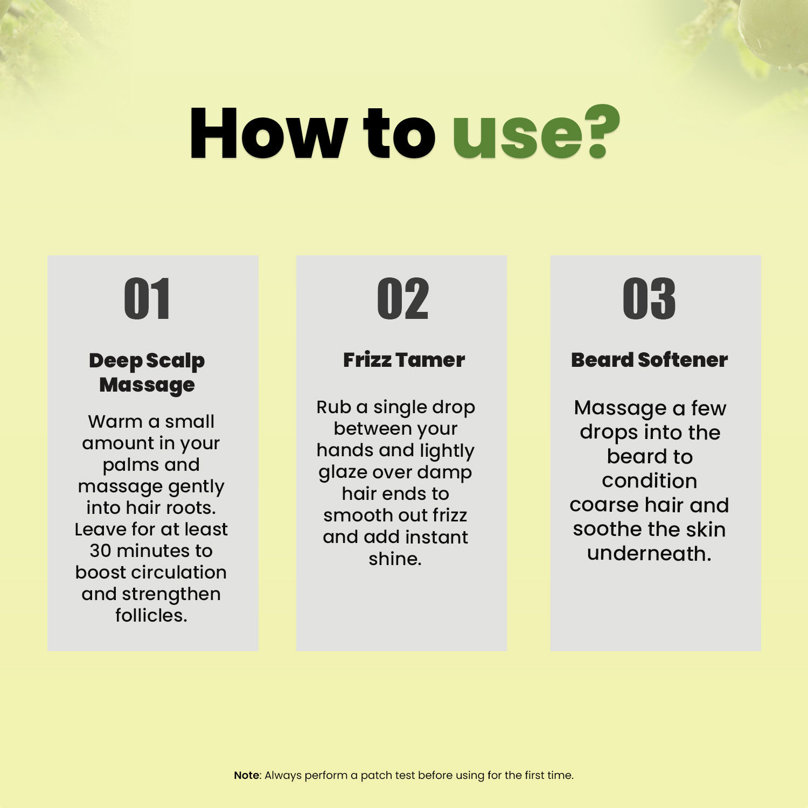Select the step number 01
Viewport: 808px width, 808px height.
point(147,299)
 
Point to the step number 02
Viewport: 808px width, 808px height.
point(402,299)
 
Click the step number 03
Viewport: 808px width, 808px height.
point(649,299)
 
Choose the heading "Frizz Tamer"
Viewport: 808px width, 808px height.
point(403,360)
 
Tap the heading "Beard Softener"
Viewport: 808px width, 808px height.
point(649,360)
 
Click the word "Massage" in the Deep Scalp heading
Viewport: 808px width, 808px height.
point(147,385)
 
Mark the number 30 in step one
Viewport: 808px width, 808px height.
point(100,551)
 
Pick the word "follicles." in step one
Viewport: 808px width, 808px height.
point(151,615)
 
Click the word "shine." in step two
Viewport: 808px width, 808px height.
point(395,559)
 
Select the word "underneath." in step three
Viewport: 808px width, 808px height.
point(649,553)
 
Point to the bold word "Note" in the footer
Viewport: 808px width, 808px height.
point(247,775)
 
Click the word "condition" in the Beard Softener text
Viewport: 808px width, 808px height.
point(649,480)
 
